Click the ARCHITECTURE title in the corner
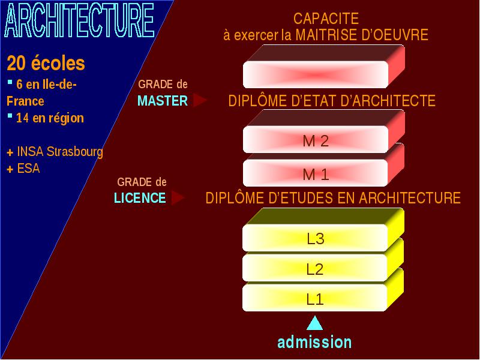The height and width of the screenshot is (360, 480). (x=79, y=20)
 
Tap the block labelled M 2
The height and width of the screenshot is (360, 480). (x=323, y=131)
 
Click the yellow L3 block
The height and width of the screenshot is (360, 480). (x=323, y=230)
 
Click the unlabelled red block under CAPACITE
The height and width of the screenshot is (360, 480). (x=323, y=67)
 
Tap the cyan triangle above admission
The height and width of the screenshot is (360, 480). (x=314, y=323)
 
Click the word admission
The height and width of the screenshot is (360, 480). (x=314, y=342)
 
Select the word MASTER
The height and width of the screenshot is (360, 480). (x=163, y=101)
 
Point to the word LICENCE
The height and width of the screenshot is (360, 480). (x=140, y=198)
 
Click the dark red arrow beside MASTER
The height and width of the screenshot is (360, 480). (x=200, y=100)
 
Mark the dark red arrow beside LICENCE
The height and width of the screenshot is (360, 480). (x=178, y=197)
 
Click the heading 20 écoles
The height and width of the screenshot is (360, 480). (x=46, y=64)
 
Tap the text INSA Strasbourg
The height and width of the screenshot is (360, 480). (x=60, y=152)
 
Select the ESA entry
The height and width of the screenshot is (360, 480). (x=28, y=169)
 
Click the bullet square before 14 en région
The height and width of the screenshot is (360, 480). (x=10, y=116)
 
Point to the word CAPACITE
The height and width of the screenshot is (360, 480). (x=326, y=19)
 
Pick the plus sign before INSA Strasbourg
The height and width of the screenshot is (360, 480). (x=10, y=152)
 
